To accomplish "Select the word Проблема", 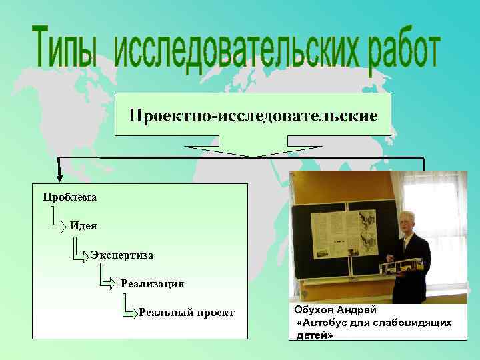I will point(69,197).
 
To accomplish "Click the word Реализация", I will point(152,284).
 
